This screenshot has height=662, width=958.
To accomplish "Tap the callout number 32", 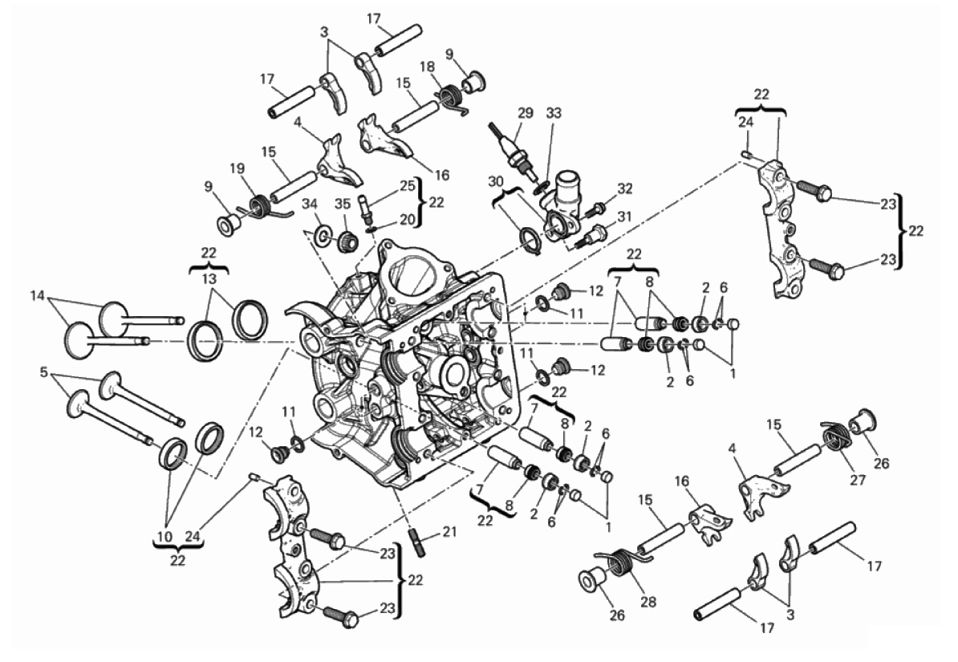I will pyautogui.click(x=625, y=189).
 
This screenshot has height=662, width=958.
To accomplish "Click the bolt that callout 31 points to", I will pyautogui.click(x=595, y=234).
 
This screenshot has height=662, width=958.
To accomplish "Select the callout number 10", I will pyautogui.click(x=166, y=535).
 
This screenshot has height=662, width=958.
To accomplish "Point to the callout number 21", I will pyautogui.click(x=450, y=530).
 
